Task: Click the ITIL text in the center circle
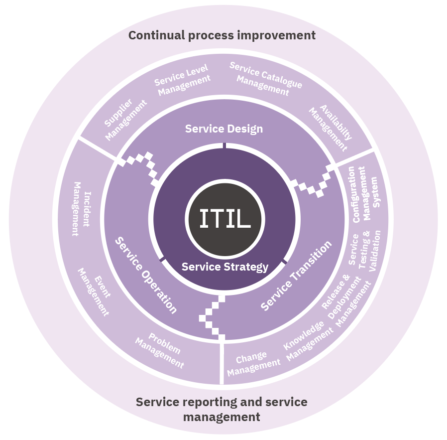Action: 224,219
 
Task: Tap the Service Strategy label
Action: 224,267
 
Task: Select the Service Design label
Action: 224,129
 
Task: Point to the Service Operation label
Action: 146,275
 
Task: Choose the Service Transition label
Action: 296,276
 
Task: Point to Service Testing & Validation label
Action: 365,248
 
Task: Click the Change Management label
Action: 253,363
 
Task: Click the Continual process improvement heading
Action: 222,35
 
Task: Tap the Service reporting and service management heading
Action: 222,409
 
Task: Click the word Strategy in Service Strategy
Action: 247,267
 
